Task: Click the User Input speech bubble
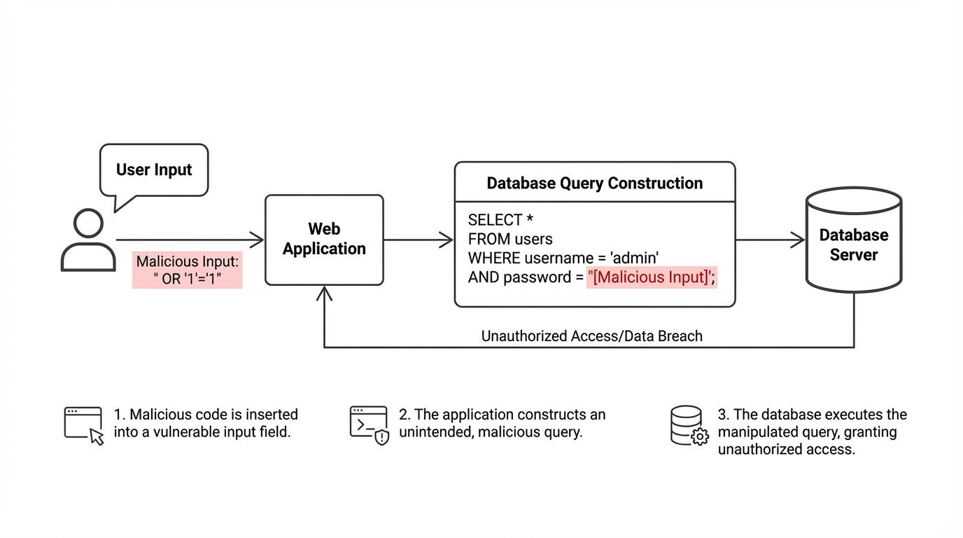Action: pyautogui.click(x=154, y=170)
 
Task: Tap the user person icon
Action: pyautogui.click(x=88, y=240)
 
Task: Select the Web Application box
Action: pyautogui.click(x=324, y=240)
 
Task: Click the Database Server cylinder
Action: pyautogui.click(x=853, y=240)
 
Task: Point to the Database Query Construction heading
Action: pyautogui.click(x=594, y=184)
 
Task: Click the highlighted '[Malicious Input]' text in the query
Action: pyautogui.click(x=651, y=277)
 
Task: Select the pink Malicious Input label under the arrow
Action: pyautogui.click(x=187, y=270)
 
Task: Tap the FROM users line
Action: pyautogui.click(x=510, y=240)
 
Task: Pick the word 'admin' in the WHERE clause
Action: pyautogui.click(x=635, y=258)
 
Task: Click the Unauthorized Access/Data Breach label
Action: pyautogui.click(x=591, y=336)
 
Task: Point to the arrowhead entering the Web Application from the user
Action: pyautogui.click(x=258, y=240)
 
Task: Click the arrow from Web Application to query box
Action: pyautogui.click(x=418, y=240)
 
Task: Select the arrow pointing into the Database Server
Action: pyautogui.click(x=770, y=240)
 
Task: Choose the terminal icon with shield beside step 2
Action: pyautogui.click(x=369, y=425)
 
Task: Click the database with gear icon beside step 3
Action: pyautogui.click(x=689, y=425)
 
